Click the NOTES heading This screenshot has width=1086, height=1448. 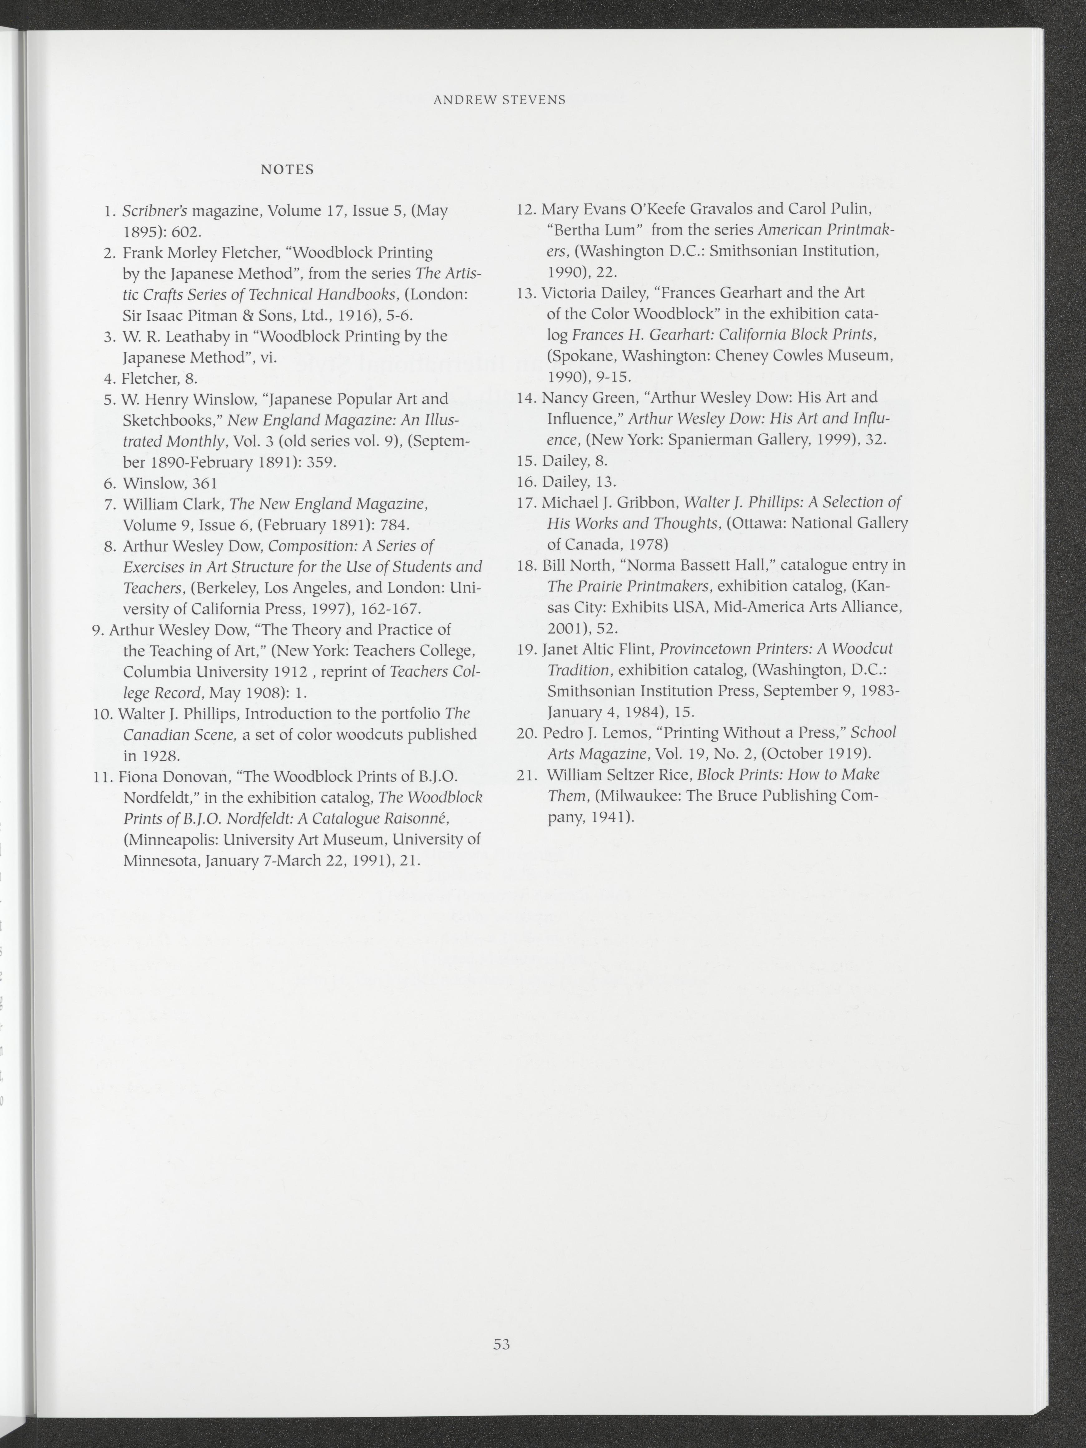(x=287, y=169)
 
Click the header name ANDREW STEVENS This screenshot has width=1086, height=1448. (x=500, y=100)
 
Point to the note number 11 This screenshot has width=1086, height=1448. (x=104, y=777)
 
